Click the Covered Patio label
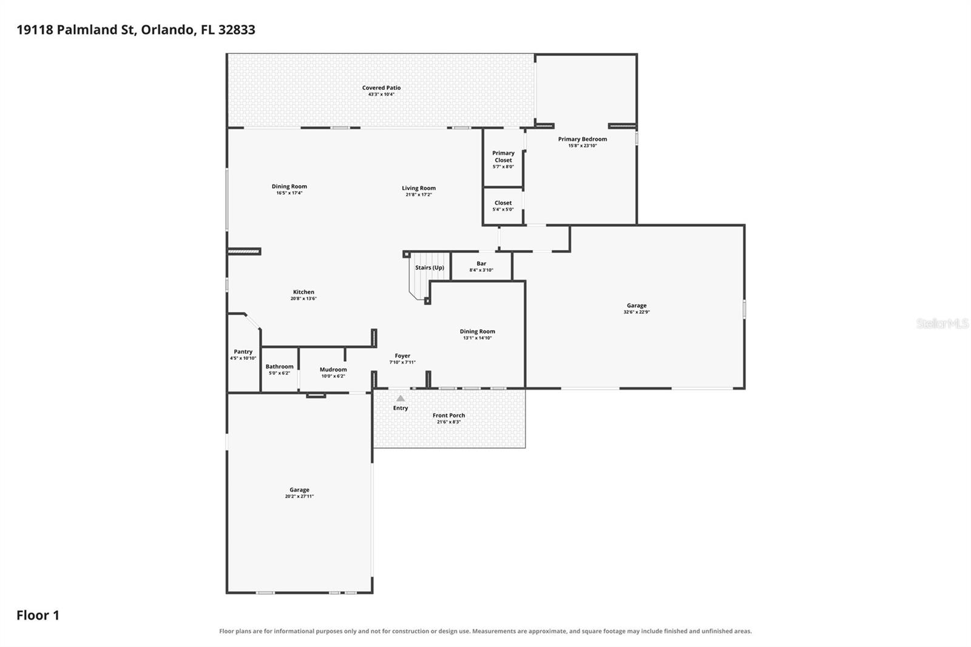pyautogui.click(x=382, y=87)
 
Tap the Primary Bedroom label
pyautogui.click(x=582, y=139)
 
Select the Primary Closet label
pyautogui.click(x=503, y=157)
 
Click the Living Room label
pyautogui.click(x=419, y=188)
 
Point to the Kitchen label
pyautogui.click(x=303, y=292)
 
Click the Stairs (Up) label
pyautogui.click(x=430, y=268)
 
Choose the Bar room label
pyautogui.click(x=481, y=263)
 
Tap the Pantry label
pyautogui.click(x=243, y=351)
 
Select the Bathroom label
pyautogui.click(x=280, y=367)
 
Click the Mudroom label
pyautogui.click(x=333, y=370)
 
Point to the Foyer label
pyautogui.click(x=403, y=356)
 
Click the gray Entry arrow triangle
pyautogui.click(x=401, y=398)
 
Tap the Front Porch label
pyautogui.click(x=448, y=415)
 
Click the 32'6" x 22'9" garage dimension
pyautogui.click(x=637, y=312)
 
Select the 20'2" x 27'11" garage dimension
pyautogui.click(x=299, y=496)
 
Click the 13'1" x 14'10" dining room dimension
pyautogui.click(x=477, y=338)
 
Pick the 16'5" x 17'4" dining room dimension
pyautogui.click(x=289, y=193)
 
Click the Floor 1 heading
pyautogui.click(x=38, y=615)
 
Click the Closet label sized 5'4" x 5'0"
pyautogui.click(x=503, y=203)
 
